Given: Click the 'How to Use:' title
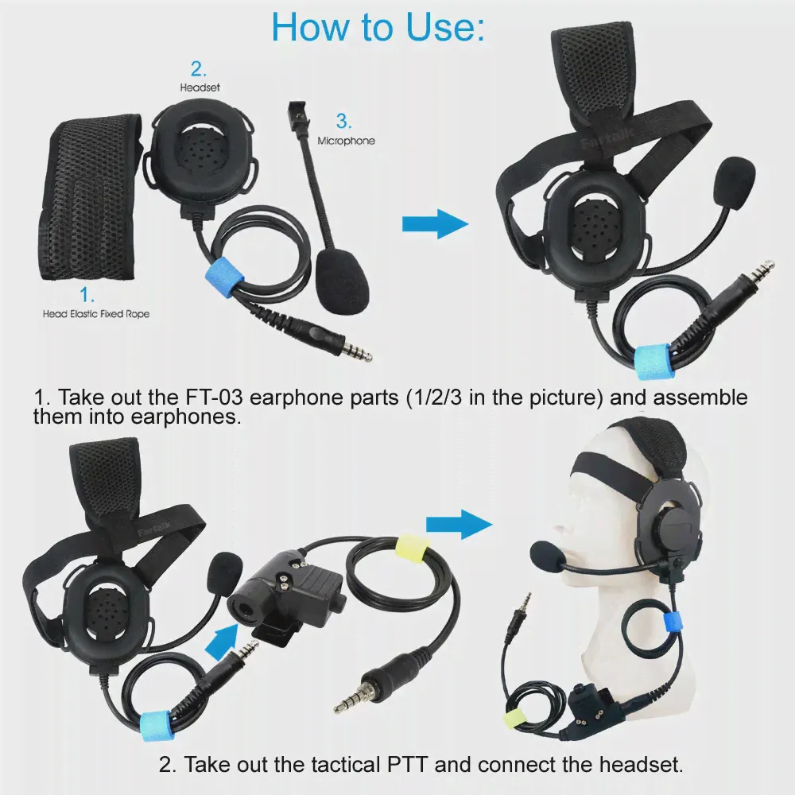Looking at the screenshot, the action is (x=378, y=26).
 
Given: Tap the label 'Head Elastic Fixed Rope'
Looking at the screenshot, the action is (x=96, y=314).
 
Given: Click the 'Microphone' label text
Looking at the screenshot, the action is (x=347, y=141).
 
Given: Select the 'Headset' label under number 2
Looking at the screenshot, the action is (x=200, y=87).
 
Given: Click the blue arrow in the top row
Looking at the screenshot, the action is (x=435, y=223).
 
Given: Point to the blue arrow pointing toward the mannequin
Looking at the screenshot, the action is (x=459, y=524).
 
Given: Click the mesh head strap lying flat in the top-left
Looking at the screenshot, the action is (x=90, y=198).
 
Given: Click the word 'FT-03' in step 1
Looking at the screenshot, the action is (x=213, y=397).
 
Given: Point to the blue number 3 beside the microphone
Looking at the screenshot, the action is (x=343, y=121).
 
